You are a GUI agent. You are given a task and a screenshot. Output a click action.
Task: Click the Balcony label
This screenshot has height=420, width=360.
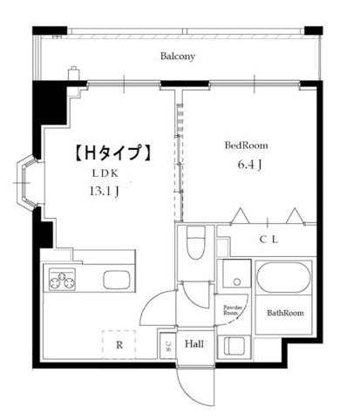click(x=178, y=58)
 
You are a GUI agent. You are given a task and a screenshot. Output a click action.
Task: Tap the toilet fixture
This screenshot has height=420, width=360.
click(x=197, y=243)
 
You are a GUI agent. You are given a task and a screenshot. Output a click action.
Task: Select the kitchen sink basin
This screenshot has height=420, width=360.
click(x=116, y=281)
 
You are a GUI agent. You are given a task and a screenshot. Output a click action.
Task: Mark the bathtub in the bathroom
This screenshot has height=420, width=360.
click(x=282, y=281)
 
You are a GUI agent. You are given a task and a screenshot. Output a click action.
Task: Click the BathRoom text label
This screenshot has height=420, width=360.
click(x=283, y=313)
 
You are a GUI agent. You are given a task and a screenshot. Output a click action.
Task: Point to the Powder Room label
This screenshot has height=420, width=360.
click(x=231, y=310)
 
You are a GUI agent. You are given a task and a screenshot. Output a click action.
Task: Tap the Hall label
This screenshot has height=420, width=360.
click(x=194, y=344)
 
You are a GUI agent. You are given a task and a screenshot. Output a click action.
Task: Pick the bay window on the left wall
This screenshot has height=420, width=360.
click(x=29, y=184)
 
